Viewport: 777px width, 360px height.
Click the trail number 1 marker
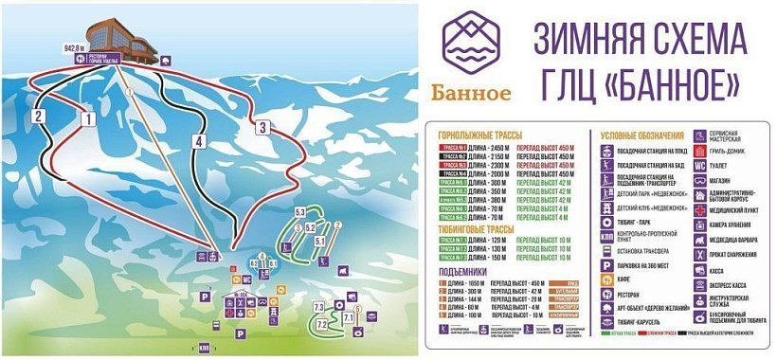pos(87,119)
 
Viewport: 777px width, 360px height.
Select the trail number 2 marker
pos(40,116)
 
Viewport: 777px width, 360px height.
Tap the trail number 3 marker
pos(262,126)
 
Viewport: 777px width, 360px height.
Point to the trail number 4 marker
pos(199,141)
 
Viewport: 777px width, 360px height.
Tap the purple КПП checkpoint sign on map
pos(205,348)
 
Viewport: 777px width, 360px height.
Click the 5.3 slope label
pos(300,211)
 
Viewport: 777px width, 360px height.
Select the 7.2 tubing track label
pos(321,325)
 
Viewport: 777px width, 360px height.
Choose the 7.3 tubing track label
pos(318,307)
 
